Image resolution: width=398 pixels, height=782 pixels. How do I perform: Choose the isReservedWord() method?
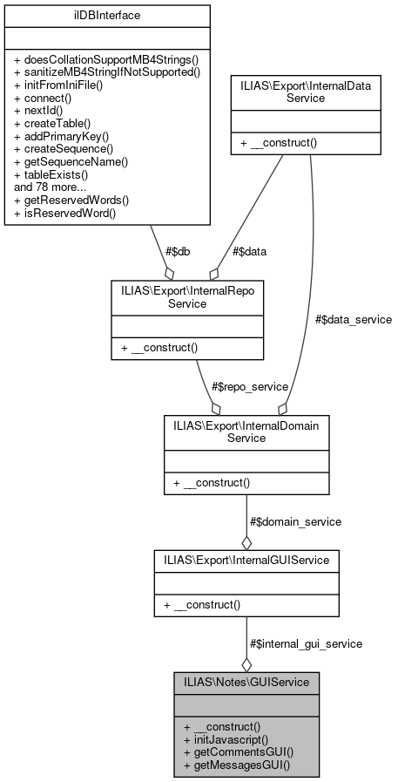[64, 212]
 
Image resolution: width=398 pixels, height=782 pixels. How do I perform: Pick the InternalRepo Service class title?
[186, 295]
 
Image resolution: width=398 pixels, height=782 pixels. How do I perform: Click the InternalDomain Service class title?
[246, 431]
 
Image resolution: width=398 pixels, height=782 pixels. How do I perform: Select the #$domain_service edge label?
[295, 521]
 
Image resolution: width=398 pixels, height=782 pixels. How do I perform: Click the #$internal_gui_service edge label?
[306, 643]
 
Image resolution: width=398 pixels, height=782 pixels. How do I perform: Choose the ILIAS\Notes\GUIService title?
[246, 682]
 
